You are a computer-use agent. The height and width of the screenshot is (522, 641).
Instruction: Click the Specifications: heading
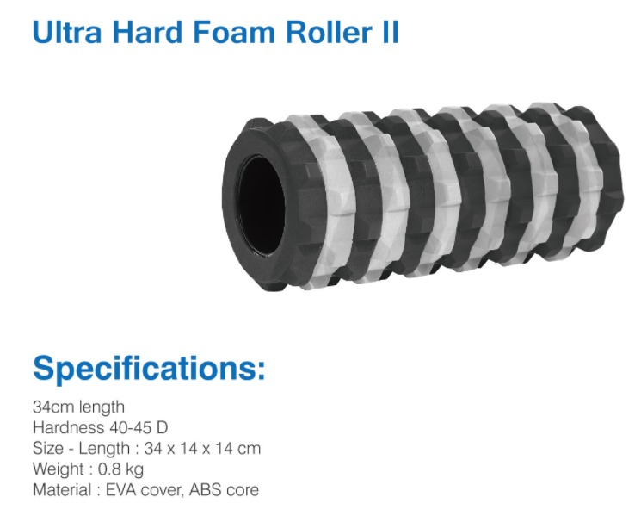click(x=149, y=368)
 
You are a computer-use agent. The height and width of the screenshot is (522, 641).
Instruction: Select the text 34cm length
click(x=78, y=407)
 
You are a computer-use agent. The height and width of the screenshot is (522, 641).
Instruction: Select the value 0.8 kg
click(x=120, y=469)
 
